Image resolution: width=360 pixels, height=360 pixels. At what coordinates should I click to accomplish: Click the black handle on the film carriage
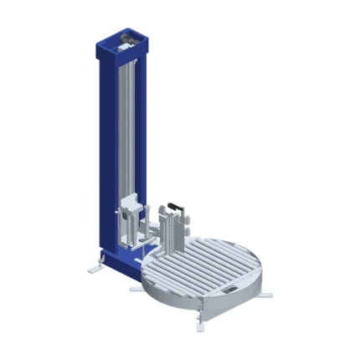(176, 204)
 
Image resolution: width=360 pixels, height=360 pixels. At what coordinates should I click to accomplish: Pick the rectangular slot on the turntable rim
(229, 290)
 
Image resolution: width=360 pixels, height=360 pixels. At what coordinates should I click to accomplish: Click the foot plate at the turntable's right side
(265, 294)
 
